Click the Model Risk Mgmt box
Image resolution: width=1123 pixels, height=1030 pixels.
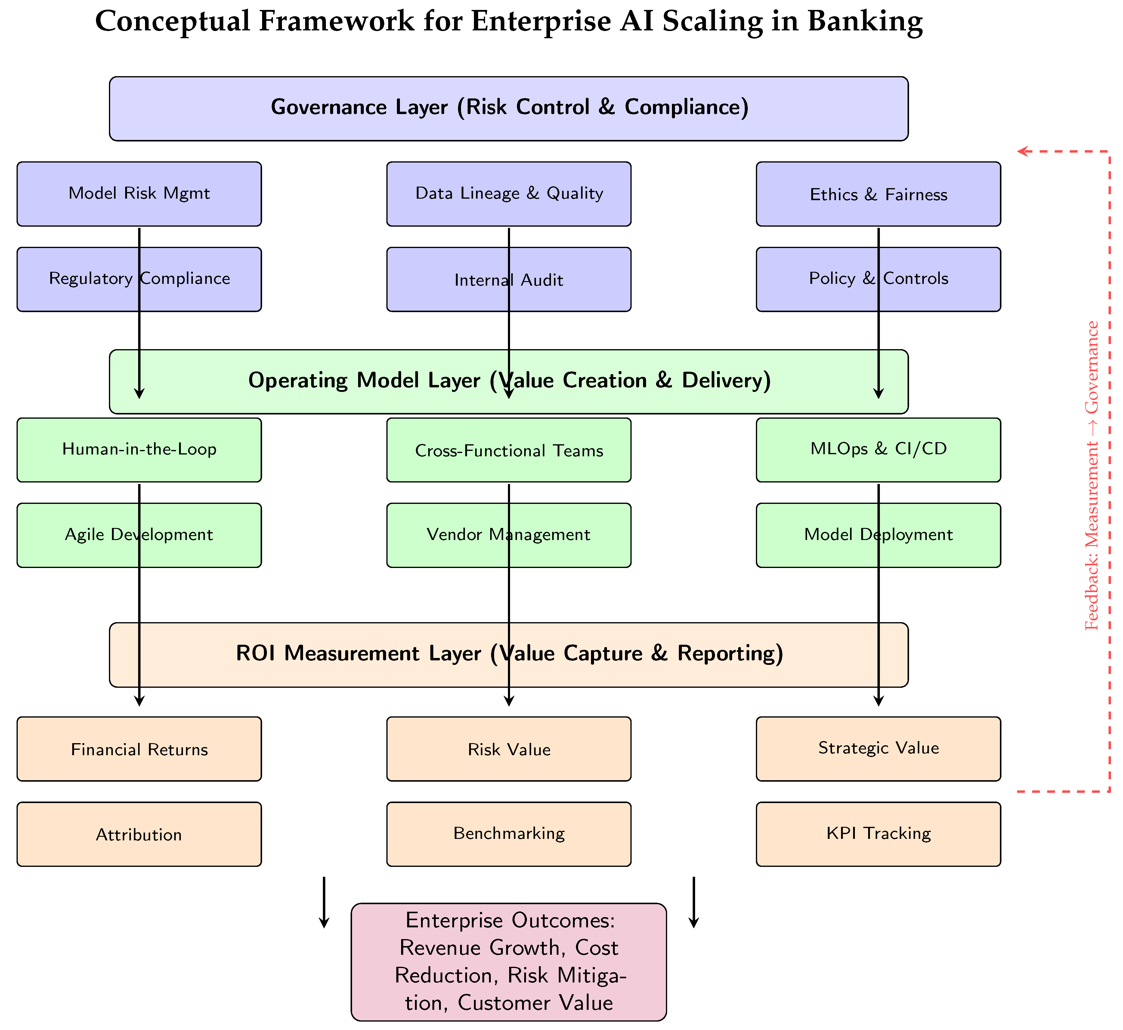point(139,194)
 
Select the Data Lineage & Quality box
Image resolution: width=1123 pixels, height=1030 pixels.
point(509,194)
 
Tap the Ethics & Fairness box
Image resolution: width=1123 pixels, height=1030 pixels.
point(878,194)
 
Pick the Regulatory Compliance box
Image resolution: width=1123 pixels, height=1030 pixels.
point(139,279)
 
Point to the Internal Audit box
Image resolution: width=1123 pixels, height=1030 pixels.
point(509,279)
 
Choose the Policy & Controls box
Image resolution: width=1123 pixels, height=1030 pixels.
point(878,279)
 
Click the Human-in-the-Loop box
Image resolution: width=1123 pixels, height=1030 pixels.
point(139,450)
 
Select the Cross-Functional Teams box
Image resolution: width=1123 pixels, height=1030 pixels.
point(509,450)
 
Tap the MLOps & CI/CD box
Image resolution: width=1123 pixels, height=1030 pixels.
point(878,450)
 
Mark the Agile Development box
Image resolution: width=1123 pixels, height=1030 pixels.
point(139,535)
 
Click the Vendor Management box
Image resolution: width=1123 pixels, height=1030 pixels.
point(509,535)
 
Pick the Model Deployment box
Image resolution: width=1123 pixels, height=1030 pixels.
point(878,535)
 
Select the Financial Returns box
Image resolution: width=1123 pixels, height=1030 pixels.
point(139,749)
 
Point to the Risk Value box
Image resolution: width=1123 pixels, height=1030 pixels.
point(509,749)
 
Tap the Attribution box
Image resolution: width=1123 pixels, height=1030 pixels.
point(139,834)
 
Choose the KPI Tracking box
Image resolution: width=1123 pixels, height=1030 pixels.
point(878,834)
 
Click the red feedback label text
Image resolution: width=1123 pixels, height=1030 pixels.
point(1092,476)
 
